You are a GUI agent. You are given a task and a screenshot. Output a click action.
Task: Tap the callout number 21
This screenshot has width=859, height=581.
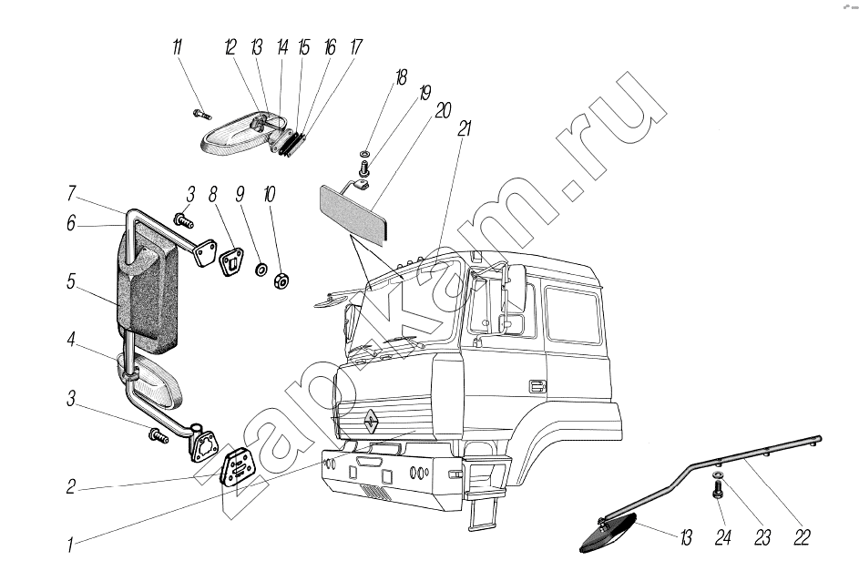point(463,129)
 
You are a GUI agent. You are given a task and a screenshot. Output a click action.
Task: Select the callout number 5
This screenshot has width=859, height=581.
point(70,283)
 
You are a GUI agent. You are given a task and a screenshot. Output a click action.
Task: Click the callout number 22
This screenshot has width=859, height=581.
point(802,538)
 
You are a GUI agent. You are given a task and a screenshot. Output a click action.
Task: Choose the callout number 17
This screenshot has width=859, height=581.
point(354,47)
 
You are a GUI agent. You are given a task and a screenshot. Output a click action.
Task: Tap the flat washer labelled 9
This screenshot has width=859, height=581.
point(259,269)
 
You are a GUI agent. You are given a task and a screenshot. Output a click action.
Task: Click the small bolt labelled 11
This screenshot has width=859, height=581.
point(201,115)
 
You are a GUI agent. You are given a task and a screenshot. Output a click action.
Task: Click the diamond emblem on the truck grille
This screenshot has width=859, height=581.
point(373,420)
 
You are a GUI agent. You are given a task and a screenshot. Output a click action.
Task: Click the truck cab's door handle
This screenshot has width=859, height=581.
point(537,384)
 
